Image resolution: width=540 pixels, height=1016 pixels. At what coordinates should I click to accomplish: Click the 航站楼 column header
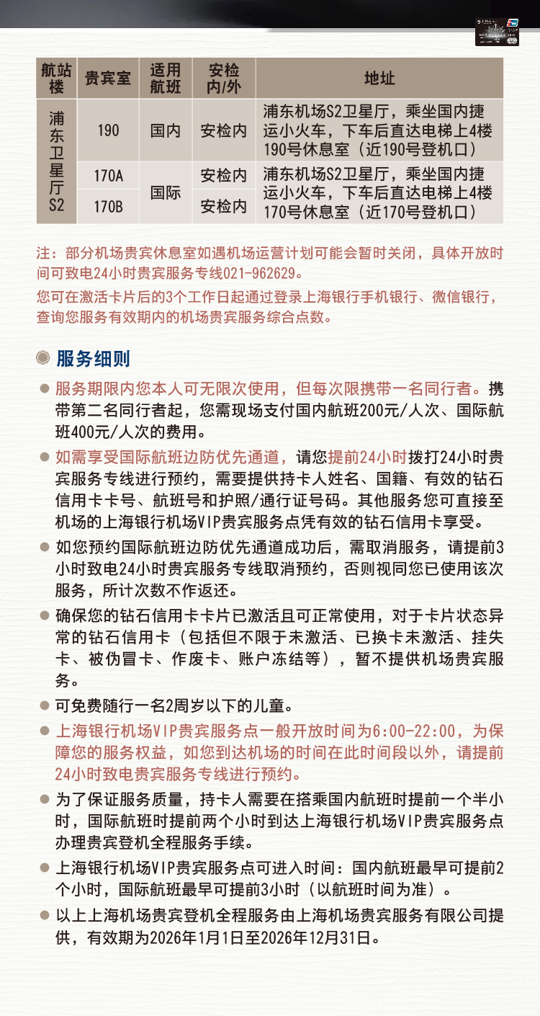pos(56,79)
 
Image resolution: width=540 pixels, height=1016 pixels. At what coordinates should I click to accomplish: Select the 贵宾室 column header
pos(108,79)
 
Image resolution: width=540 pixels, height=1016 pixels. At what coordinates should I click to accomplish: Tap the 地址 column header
pos(379,79)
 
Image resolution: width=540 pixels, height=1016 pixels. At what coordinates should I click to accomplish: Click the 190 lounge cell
pos(108,130)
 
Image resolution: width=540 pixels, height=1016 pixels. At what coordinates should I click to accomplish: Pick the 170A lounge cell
pos(108,175)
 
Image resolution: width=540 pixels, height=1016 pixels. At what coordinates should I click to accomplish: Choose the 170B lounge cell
pos(108,208)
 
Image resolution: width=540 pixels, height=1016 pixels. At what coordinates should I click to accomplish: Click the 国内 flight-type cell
pos(166,130)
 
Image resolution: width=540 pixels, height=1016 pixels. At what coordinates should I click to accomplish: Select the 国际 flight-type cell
pos(166,192)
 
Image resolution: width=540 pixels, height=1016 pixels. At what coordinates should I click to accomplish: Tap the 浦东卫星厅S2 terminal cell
pos(56,161)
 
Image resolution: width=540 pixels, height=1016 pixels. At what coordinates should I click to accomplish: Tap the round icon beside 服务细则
pos(44,358)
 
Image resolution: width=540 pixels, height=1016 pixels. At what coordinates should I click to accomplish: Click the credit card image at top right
pos(498,32)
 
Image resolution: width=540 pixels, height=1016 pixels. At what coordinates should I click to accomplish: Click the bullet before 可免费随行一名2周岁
pos(44,705)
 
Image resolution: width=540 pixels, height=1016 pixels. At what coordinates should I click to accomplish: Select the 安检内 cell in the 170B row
pos(223,208)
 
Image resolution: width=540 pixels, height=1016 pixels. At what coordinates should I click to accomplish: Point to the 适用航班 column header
pos(166,79)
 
